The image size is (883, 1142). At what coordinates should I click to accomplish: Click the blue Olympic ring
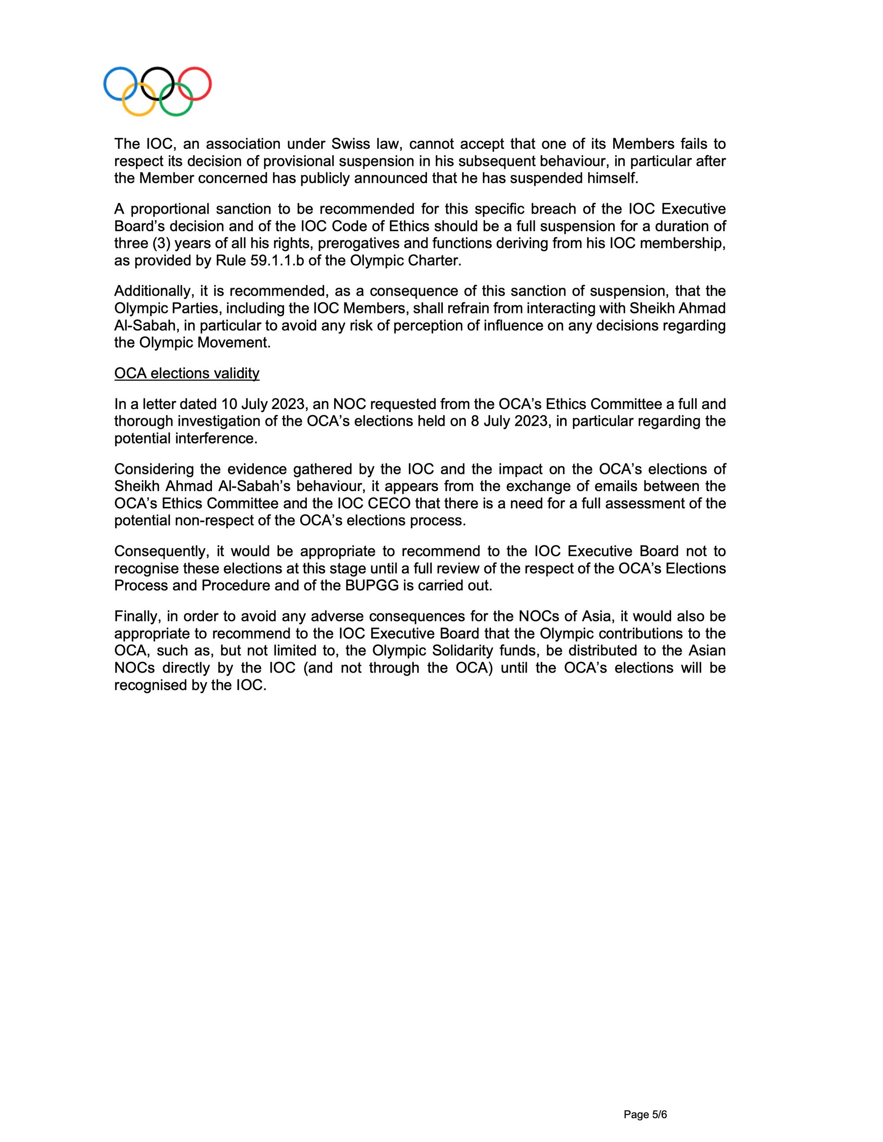[x=105, y=84]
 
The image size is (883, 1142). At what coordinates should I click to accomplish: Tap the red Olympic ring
[x=210, y=84]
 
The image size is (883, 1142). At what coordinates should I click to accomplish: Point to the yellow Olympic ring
[x=139, y=114]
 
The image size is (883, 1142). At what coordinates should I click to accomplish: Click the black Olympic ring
[x=158, y=68]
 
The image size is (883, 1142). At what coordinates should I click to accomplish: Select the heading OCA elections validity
[x=187, y=373]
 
